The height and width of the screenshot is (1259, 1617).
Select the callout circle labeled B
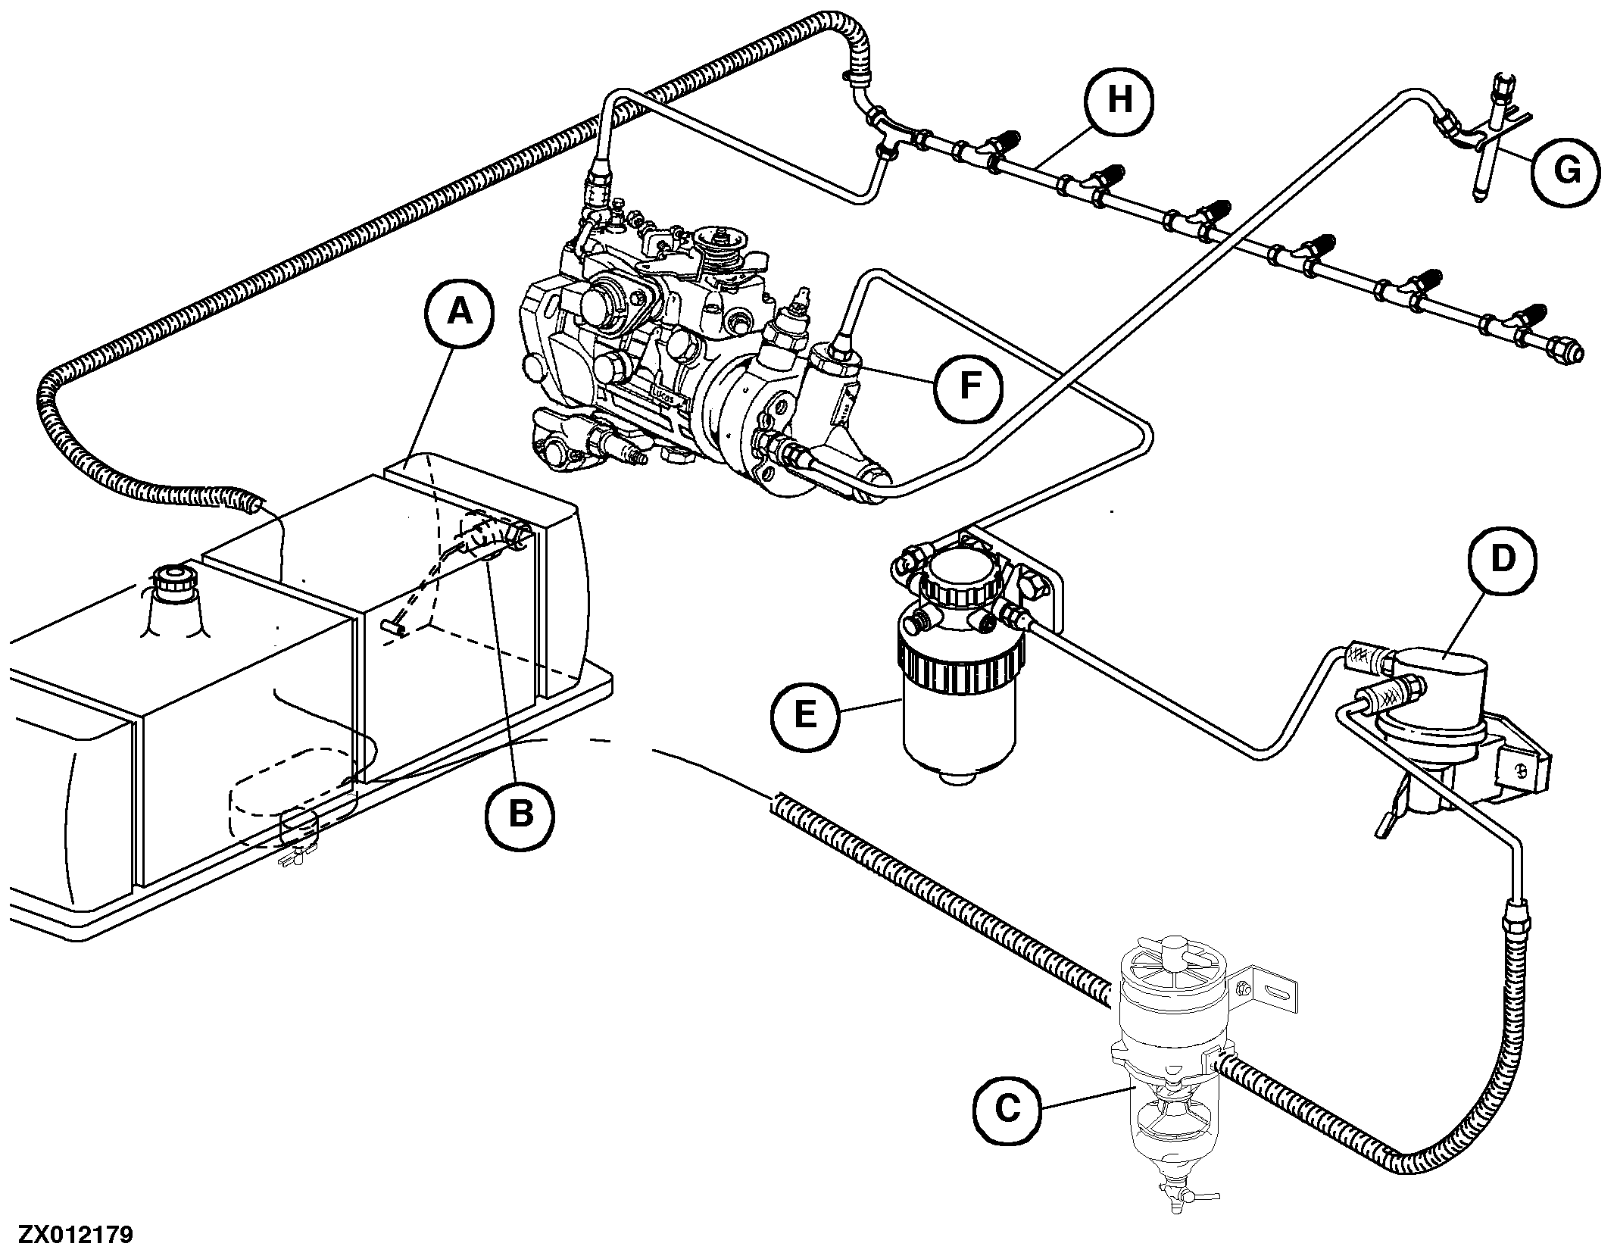[520, 814]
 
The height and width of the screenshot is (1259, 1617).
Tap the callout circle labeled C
[1007, 1110]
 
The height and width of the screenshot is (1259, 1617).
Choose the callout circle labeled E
[806, 714]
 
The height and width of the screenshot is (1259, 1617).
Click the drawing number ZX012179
[76, 1236]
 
